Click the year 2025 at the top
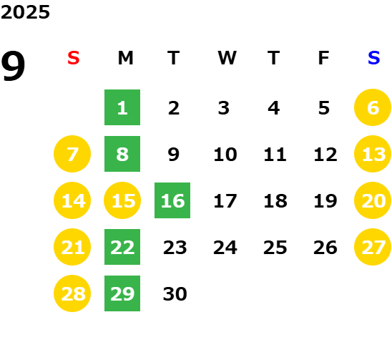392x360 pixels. [25, 12]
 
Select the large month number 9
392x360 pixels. [13, 66]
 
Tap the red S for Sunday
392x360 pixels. [73, 58]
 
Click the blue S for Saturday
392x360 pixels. [373, 58]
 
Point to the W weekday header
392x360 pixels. [227, 58]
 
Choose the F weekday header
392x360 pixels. [323, 58]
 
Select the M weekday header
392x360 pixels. [125, 58]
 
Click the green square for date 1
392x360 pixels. [122, 107]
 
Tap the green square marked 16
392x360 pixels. [172, 200]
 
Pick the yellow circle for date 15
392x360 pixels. [122, 200]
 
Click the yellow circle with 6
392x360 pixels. [373, 107]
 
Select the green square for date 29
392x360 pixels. [122, 293]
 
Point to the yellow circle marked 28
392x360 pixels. [72, 293]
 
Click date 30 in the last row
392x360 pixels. [175, 293]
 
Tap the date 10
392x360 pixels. [225, 154]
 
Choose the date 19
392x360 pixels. [325, 200]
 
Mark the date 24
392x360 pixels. [225, 248]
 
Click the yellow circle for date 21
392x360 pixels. [72, 247]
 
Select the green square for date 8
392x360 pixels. [122, 154]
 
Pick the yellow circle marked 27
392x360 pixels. [373, 247]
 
